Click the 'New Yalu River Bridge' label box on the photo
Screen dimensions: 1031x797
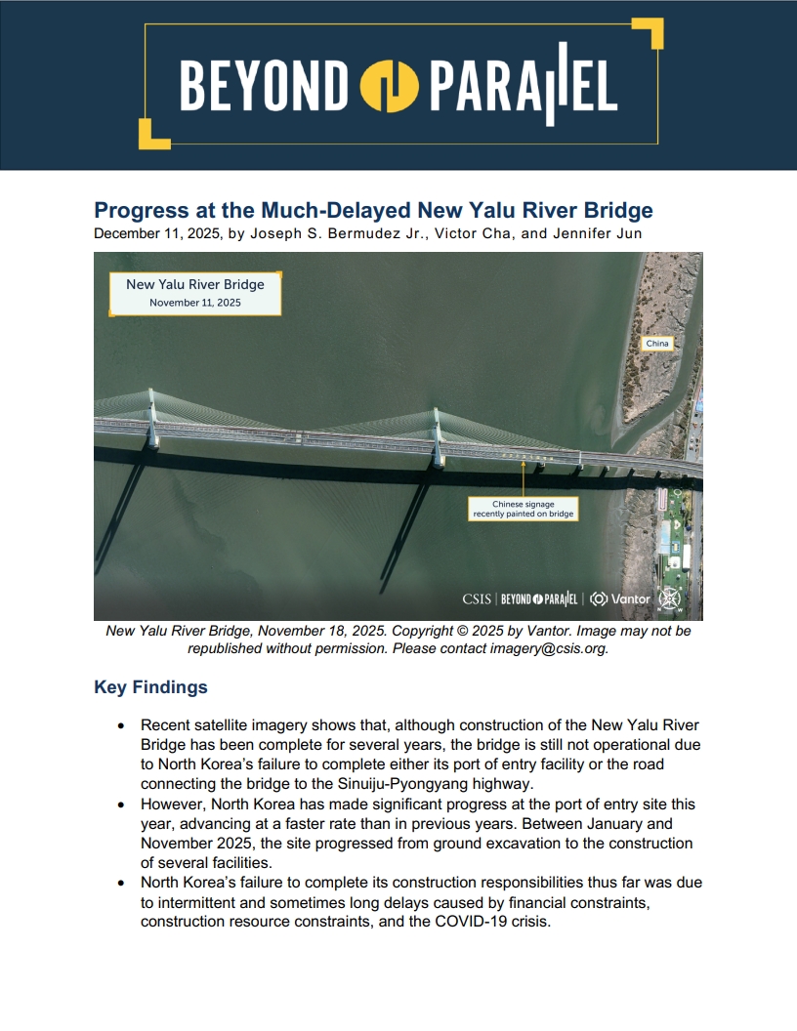coord(195,293)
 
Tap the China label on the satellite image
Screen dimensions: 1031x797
coord(657,344)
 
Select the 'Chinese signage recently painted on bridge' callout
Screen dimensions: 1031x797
coord(524,509)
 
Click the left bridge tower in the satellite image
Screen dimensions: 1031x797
coord(151,420)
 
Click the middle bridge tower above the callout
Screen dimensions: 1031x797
coord(437,434)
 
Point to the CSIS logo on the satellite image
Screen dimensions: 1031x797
coord(477,598)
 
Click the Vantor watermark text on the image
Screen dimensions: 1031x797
coord(630,598)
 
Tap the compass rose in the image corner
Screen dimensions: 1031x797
coord(670,598)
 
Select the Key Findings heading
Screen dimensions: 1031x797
coord(150,687)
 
